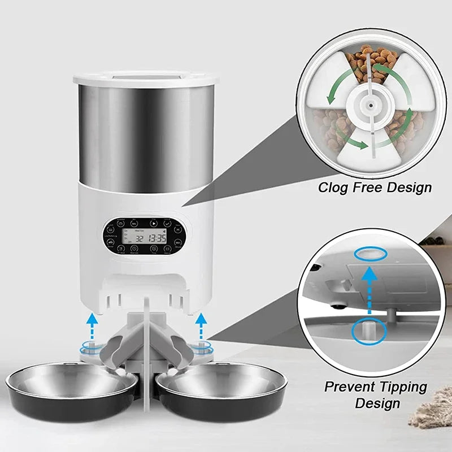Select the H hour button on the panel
(177, 229)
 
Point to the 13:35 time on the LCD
(158, 238)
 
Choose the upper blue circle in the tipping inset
(371, 254)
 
